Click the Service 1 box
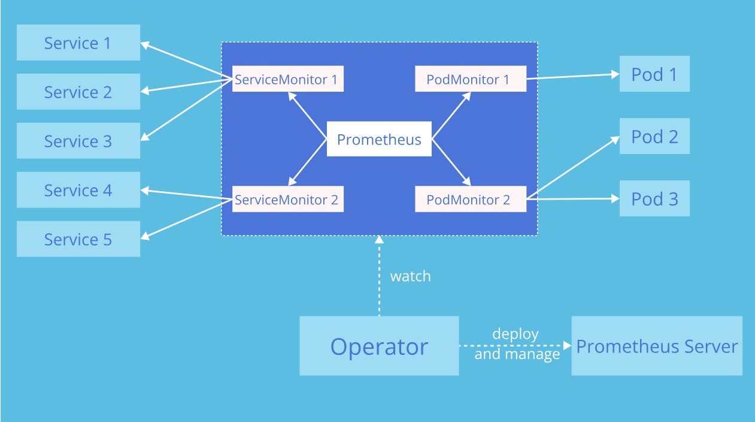(78, 43)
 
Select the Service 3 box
(78, 141)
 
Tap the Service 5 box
(78, 239)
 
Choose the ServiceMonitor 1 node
(287, 79)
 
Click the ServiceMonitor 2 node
(287, 199)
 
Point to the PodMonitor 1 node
(470, 79)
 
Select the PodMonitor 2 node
(470, 199)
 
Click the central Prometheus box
(379, 139)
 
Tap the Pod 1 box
(654, 74)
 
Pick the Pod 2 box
(654, 136)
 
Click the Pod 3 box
(654, 198)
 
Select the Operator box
(379, 346)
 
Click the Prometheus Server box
(657, 346)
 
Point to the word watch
(410, 276)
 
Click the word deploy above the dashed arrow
(515, 334)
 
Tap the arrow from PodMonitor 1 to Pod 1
(572, 76)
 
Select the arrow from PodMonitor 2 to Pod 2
(572, 168)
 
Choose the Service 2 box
(78, 92)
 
